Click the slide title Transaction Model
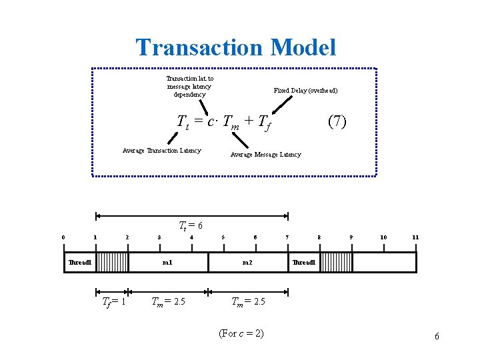point(236,47)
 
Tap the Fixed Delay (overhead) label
point(305,90)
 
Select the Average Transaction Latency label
point(161,150)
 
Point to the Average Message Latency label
point(265,155)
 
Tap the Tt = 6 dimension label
point(190,225)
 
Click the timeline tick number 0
point(63,237)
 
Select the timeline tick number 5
point(223,237)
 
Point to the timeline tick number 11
point(415,237)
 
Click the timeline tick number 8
point(319,237)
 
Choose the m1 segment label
point(167,262)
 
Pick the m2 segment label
point(247,262)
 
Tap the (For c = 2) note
point(241,333)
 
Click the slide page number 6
point(437,337)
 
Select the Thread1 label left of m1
point(79,262)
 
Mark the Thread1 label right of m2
point(303,262)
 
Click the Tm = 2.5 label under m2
point(248,301)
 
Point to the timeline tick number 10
point(383,237)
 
